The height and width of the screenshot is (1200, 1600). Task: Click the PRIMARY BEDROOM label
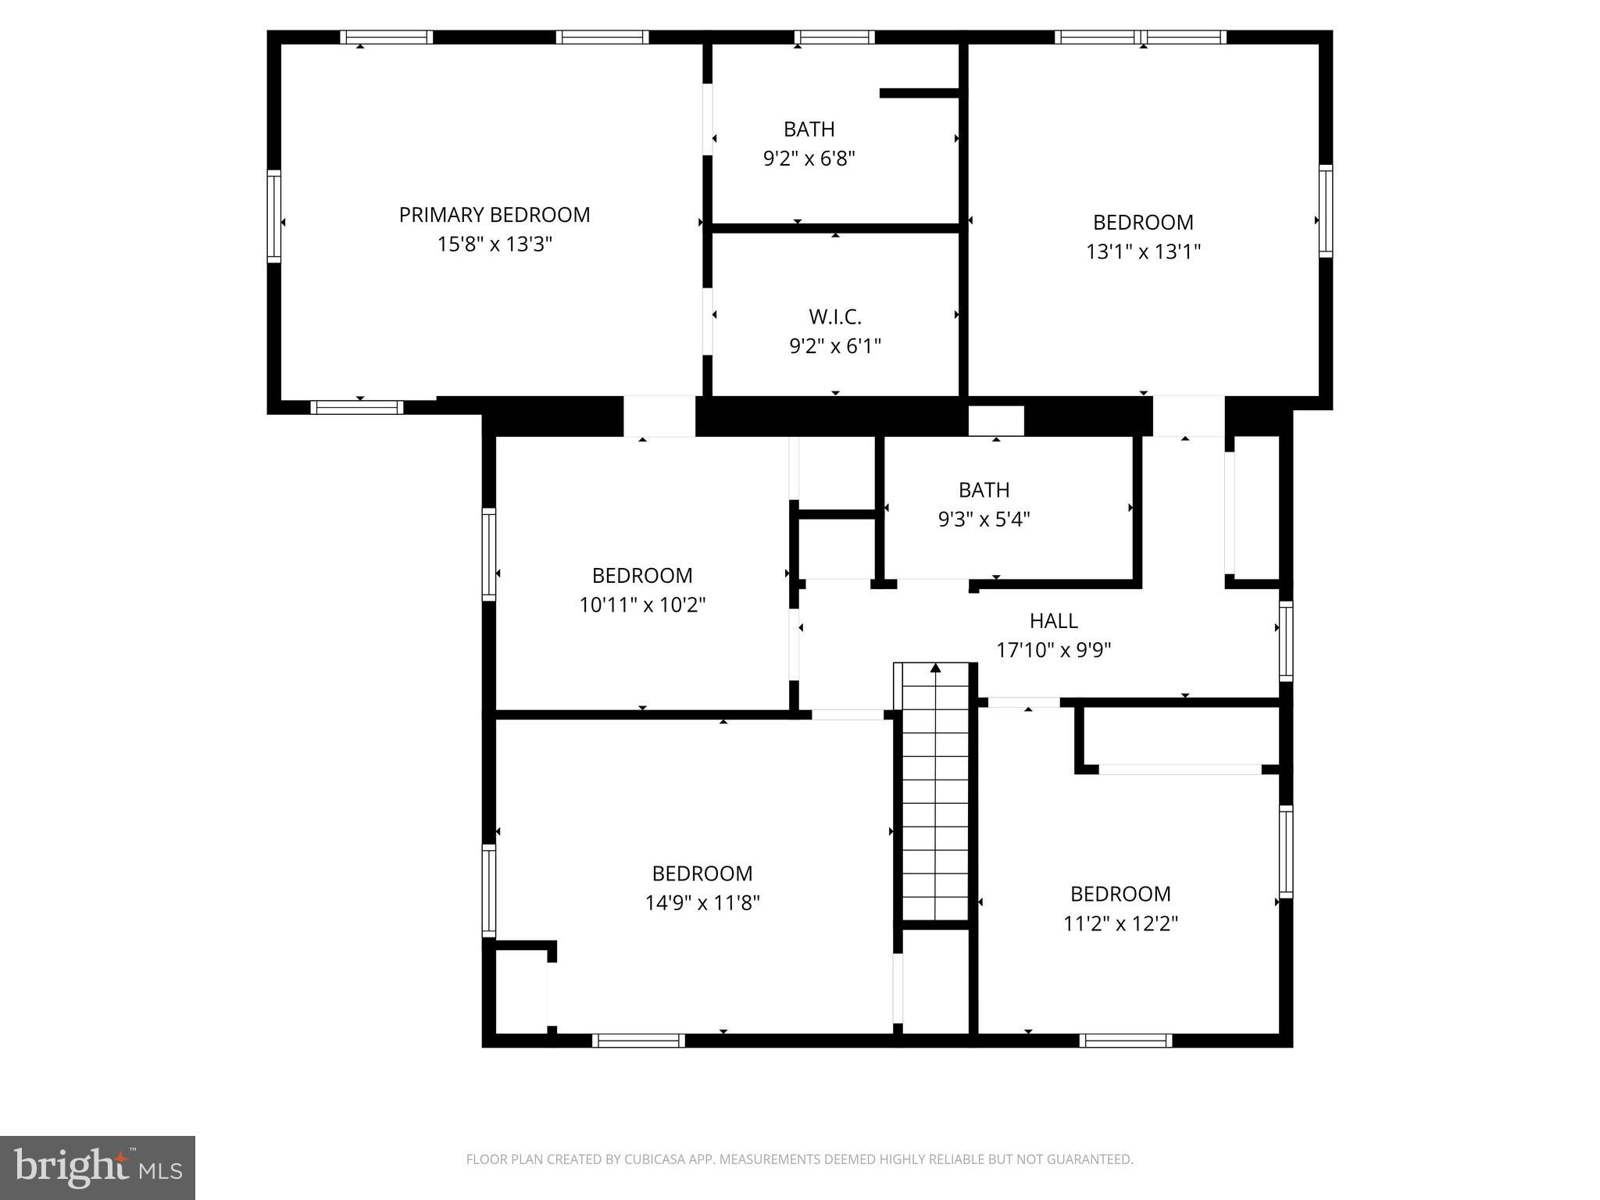coord(494,215)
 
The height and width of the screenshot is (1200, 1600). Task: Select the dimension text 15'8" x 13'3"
coord(494,245)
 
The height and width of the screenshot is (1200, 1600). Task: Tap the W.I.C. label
coord(834,317)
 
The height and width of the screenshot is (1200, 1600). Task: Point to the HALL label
coord(1053,621)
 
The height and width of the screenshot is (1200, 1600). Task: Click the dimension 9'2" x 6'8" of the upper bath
coord(809,159)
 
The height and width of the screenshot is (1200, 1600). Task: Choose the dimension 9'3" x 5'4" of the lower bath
coord(984,520)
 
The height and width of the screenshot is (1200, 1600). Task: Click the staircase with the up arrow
coord(935,793)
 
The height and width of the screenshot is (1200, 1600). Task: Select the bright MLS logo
coord(98,1167)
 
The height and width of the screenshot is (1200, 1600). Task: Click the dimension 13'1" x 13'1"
coord(1142,252)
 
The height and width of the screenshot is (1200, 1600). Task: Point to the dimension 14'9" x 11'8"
coord(702,903)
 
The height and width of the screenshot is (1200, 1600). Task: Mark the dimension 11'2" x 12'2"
coord(1120,923)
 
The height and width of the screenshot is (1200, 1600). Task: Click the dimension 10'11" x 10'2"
coord(642,605)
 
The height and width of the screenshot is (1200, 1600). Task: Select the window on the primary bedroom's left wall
coord(273,216)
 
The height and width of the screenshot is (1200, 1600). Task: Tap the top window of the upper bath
coord(834,37)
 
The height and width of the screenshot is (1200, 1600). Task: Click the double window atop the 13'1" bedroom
coord(1140,37)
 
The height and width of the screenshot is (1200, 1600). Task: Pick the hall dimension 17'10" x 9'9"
coord(1053,650)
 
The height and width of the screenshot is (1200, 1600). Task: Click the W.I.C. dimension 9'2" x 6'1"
coord(834,346)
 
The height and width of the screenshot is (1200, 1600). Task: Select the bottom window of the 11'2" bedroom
coord(1125,1040)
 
